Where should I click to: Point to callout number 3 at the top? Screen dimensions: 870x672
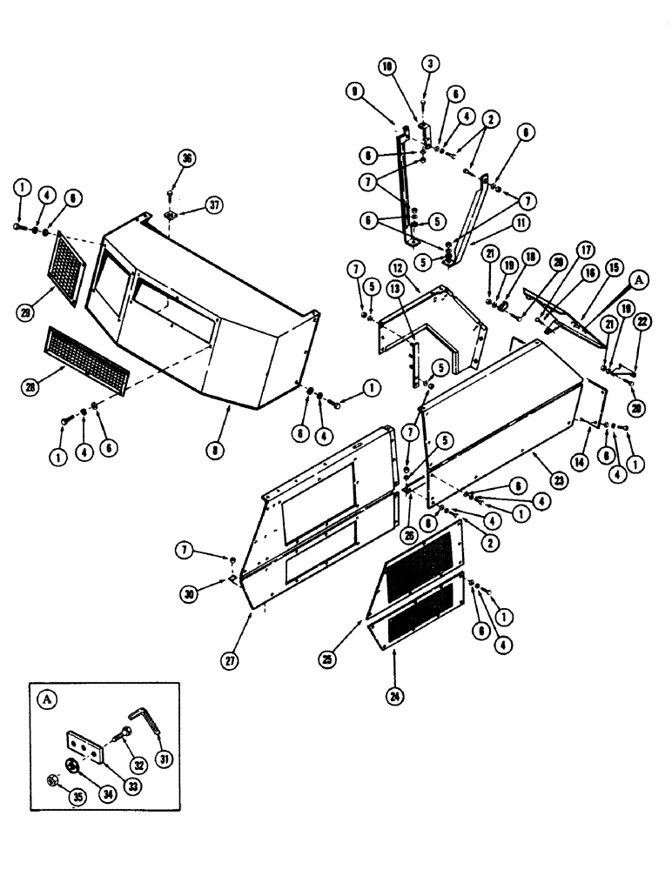[x=429, y=64]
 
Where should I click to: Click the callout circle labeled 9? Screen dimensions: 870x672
[x=379, y=89]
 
